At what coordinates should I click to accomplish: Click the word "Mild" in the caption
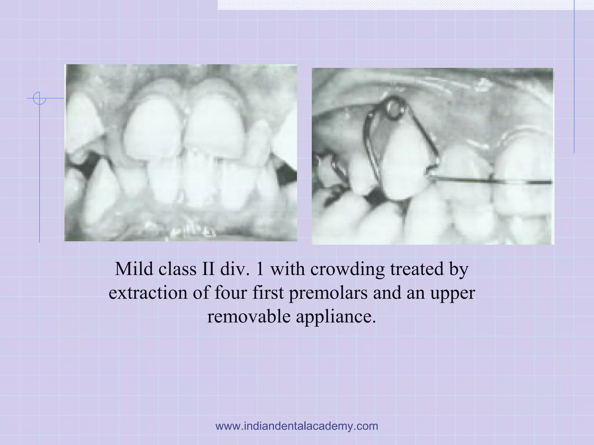134,269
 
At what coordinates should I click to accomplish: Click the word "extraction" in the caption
148,293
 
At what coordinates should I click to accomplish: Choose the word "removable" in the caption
249,317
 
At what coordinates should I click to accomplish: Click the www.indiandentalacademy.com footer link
297,426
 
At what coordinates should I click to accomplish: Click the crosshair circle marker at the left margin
39,98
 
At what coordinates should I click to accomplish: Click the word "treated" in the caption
417,269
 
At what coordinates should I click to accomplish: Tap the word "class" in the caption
178,269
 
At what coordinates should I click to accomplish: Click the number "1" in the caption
260,269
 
